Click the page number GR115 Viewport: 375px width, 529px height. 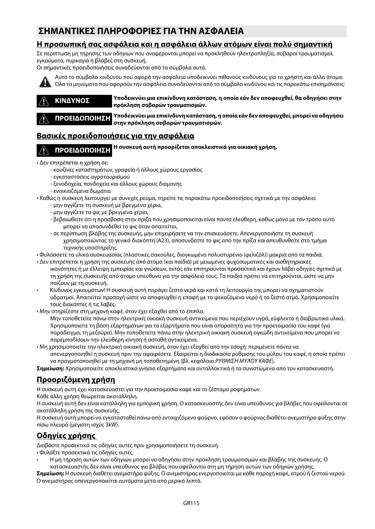pos(191,503)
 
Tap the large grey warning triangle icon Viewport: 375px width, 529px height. pos(45,81)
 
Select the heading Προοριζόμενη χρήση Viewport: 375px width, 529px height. pos(76,379)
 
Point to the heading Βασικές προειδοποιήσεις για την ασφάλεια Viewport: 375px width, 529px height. pos(115,136)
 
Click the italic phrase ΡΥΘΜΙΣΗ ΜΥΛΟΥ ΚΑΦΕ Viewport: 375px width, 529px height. pos(244,361)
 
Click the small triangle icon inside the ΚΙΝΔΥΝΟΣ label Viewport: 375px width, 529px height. pos(44,101)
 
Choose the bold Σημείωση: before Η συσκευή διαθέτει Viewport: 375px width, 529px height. pos(50,474)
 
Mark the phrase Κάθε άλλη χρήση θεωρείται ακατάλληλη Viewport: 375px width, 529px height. pos(87,396)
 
